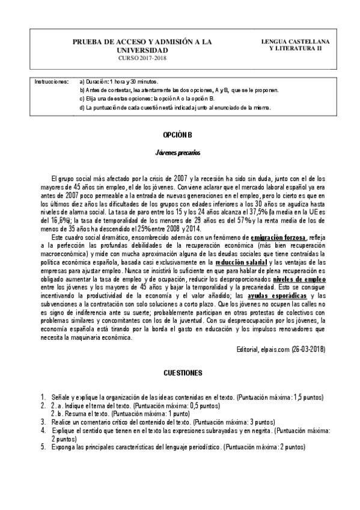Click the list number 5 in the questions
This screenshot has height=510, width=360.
pos(43,447)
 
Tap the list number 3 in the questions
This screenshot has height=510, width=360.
pos(43,423)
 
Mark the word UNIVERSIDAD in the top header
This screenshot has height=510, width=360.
pos(142,50)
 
